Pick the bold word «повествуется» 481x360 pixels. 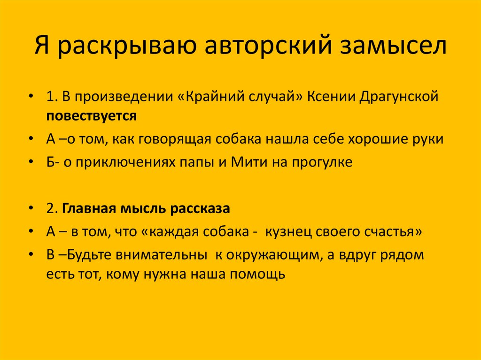pos(91,116)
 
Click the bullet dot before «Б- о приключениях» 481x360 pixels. pos(31,163)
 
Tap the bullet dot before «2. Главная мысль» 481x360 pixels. pos(31,209)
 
